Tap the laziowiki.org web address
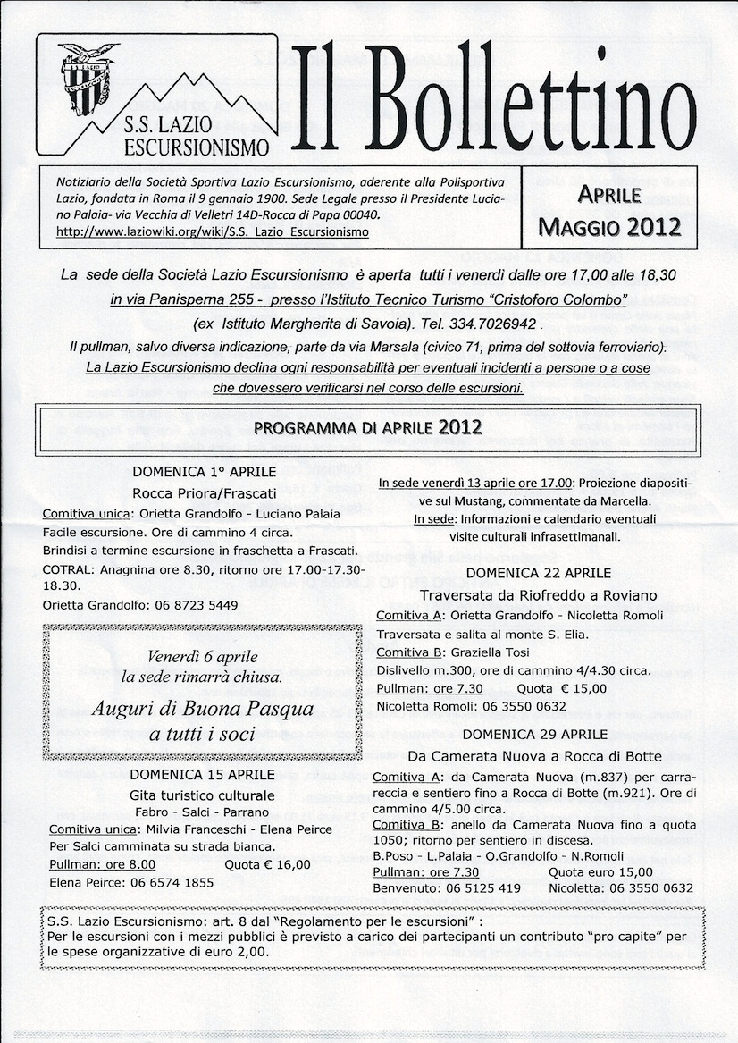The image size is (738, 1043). point(213,232)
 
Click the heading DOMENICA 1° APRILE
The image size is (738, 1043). point(205,471)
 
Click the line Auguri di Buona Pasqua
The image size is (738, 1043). point(205,710)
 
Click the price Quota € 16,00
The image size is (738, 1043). point(268,864)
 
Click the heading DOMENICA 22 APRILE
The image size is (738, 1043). point(538,573)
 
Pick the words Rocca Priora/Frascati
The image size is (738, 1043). point(205,492)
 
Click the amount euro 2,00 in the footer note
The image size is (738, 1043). point(239,953)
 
